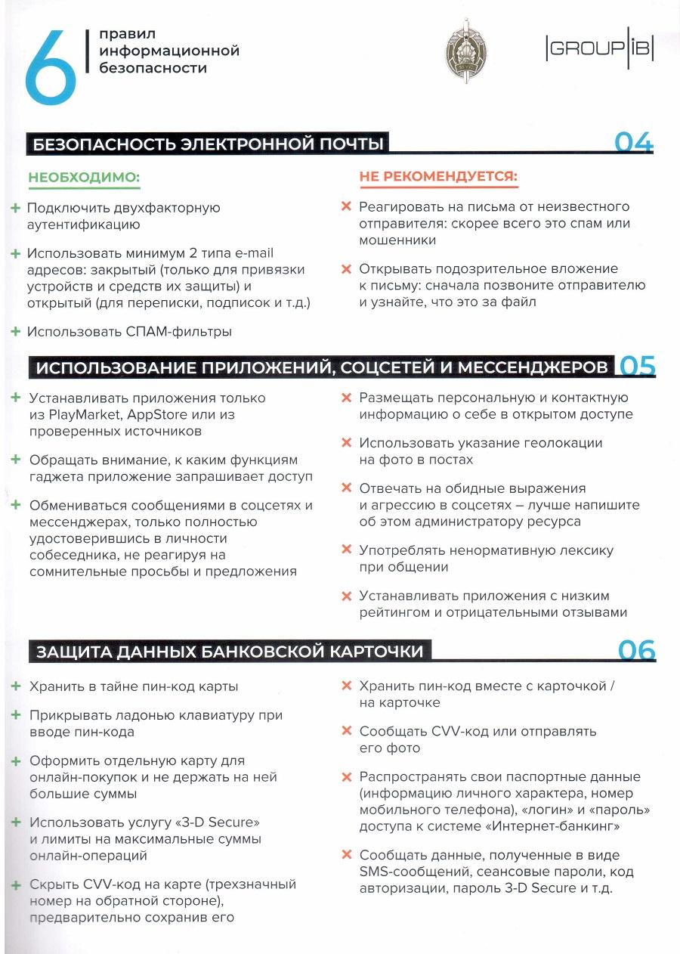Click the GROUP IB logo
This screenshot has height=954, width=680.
pos(598,51)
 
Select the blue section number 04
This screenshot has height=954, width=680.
pos(633,142)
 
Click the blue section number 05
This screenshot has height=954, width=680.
pos(637,367)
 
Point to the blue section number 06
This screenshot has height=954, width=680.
pos(636,651)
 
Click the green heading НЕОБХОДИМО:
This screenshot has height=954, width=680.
pos(84,178)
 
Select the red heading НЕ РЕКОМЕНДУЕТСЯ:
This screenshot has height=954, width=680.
pos(437,177)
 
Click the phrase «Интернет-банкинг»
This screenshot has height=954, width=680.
pos(562,826)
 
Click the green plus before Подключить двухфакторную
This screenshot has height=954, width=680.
pos(15,207)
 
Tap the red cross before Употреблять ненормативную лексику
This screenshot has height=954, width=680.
pos(347,550)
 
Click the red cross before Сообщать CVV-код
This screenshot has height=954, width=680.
pos(347,731)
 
